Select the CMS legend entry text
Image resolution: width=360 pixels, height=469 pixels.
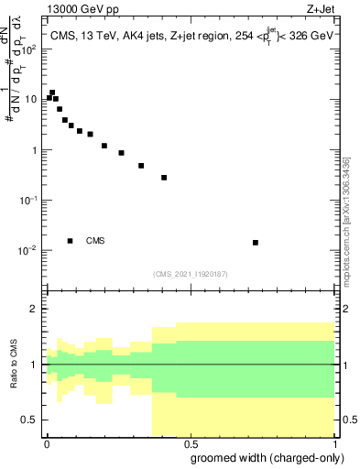click(x=95, y=241)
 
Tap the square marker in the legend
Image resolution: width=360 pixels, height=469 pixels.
click(x=71, y=241)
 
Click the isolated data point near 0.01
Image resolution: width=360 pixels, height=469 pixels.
click(x=256, y=243)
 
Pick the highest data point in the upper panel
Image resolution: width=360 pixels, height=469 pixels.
click(x=52, y=93)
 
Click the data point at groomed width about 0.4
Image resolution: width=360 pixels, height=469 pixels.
click(x=164, y=178)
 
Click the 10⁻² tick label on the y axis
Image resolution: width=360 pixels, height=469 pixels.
click(x=29, y=250)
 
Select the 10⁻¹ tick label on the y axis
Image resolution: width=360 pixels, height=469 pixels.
click(x=29, y=200)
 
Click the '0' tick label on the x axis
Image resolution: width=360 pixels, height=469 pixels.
click(x=47, y=444)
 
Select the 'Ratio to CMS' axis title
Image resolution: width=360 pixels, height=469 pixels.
click(x=15, y=365)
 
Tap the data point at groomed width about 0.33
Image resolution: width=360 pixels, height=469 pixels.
click(x=141, y=166)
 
